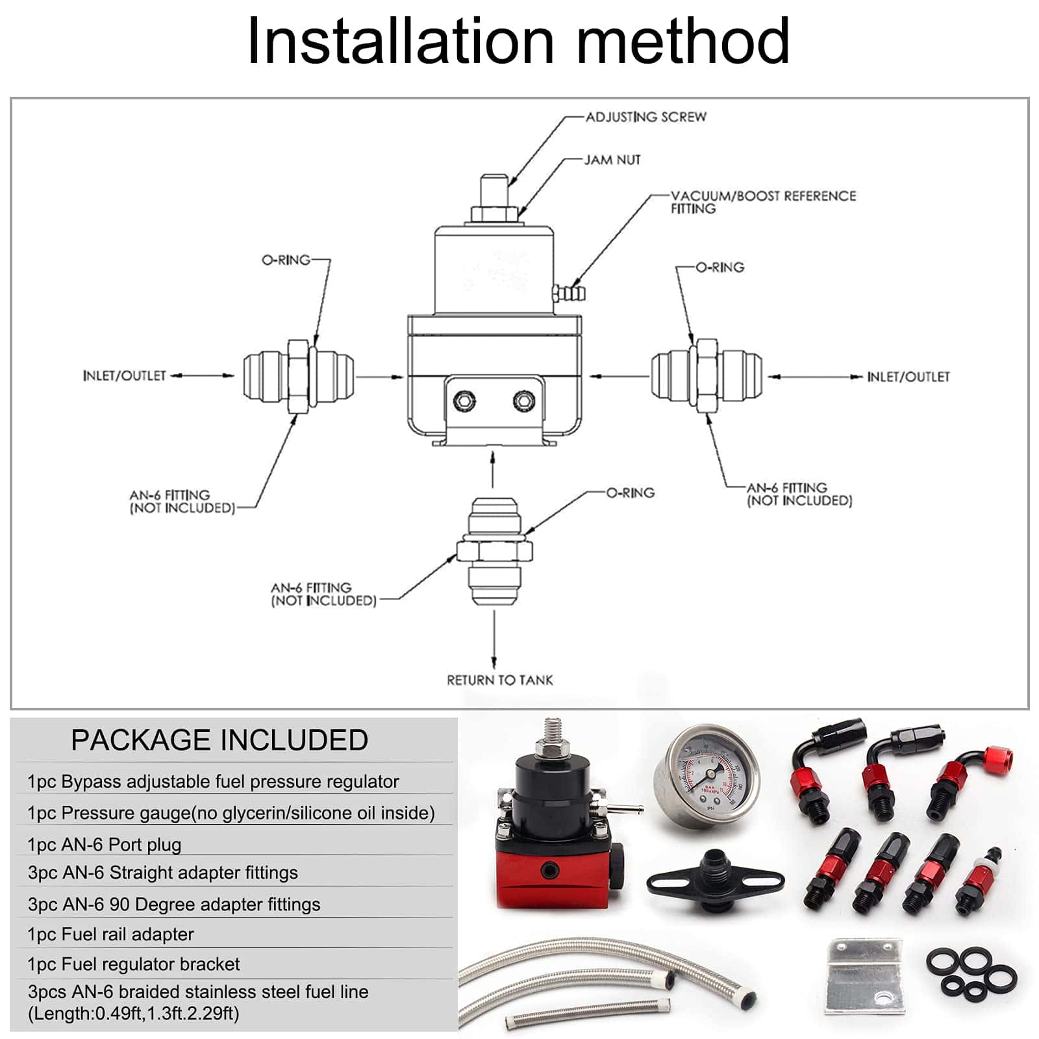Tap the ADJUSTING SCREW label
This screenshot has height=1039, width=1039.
click(646, 117)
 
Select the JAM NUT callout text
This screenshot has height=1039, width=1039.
click(612, 160)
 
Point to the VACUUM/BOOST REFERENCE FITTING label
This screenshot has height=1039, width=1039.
click(763, 202)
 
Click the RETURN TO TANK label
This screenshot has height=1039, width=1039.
click(500, 680)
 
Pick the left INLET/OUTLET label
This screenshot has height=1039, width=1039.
click(125, 375)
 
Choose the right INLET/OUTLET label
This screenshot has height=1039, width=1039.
click(908, 377)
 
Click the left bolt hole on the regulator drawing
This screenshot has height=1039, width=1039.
click(464, 401)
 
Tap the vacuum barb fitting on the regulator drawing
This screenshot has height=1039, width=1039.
click(569, 292)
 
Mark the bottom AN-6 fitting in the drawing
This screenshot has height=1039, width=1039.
click(494, 551)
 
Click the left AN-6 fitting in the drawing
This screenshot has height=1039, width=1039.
click(299, 375)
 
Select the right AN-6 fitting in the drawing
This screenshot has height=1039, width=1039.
click(706, 376)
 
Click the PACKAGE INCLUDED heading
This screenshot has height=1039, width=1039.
click(219, 740)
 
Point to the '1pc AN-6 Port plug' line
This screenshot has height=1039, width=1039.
click(105, 844)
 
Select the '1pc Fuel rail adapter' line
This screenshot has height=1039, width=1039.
click(110, 934)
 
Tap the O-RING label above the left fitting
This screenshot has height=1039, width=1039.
click(286, 260)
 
